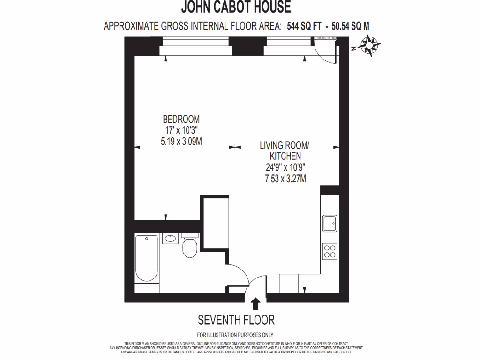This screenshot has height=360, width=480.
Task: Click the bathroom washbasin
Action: tap(170, 239)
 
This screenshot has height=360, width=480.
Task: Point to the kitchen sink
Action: tap(330, 223)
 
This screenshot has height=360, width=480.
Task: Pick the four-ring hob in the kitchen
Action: tap(330, 251)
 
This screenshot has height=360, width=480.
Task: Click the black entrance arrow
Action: tap(255, 304)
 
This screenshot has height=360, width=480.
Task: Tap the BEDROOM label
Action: tap(181, 119)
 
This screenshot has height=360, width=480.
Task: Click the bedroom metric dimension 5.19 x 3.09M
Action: tap(181, 141)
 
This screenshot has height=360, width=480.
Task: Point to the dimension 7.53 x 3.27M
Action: tap(285, 178)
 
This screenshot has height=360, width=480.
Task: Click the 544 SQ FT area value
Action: tap(304, 26)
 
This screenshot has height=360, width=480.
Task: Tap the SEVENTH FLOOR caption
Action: tap(236, 320)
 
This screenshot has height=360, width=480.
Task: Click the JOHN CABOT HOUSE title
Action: tap(236, 7)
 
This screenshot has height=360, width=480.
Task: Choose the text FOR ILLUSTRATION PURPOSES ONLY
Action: tap(235, 335)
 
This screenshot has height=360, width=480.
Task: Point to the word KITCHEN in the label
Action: tap(285, 156)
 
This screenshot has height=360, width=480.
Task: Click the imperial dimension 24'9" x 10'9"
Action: tap(285, 167)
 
